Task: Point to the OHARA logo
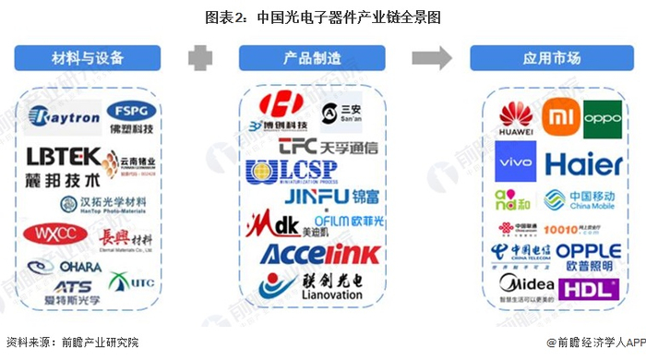[78, 267]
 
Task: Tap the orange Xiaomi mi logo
[557, 118]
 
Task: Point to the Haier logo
[583, 164]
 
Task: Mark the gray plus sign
[200, 57]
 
